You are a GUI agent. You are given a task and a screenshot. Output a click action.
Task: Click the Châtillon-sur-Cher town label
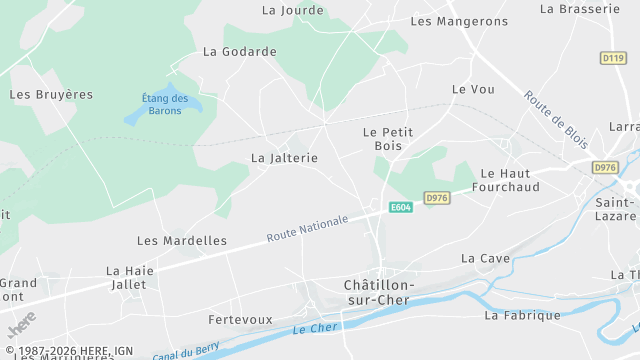tap(378, 292)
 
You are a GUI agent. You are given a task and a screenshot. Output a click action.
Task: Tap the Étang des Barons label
tap(165, 104)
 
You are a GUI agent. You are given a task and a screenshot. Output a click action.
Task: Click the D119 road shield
tap(613, 58)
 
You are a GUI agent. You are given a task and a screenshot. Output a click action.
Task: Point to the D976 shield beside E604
tap(437, 198)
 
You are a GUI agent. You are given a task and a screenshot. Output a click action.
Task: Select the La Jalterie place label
tap(284, 158)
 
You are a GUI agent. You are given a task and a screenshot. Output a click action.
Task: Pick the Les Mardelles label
tap(181, 241)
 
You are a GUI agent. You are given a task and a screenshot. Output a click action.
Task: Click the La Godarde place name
tap(239, 51)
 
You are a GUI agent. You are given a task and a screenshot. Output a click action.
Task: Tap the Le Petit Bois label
tap(387, 139)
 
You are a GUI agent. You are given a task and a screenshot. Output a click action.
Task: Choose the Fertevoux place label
tap(240, 320)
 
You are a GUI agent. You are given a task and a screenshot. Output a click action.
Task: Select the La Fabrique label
tap(522, 315)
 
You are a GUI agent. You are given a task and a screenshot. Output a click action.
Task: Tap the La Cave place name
tap(485, 258)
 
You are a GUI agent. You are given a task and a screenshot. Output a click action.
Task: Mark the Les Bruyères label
tap(51, 95)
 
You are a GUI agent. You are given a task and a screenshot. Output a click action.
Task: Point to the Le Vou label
tap(473, 89)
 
